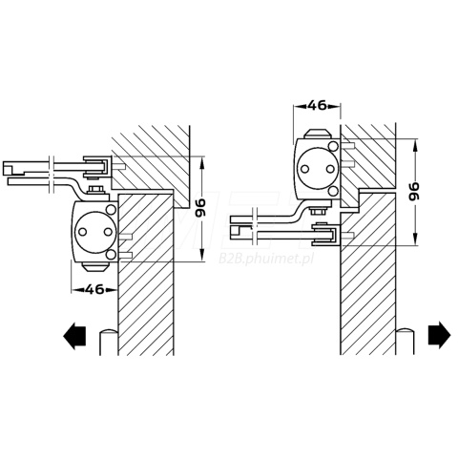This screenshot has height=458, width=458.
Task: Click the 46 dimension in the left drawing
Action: [x=95, y=289]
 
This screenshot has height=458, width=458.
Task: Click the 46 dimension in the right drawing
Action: [x=317, y=105]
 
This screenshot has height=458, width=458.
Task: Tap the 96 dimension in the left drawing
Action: [x=200, y=208]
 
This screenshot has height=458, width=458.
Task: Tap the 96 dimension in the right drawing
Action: [x=414, y=191]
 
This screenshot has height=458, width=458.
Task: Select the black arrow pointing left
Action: [x=74, y=336]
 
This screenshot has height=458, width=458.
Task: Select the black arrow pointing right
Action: [x=439, y=335]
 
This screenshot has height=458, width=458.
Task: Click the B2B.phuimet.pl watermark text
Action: [x=266, y=259]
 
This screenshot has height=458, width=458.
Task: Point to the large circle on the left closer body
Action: [x=94, y=232]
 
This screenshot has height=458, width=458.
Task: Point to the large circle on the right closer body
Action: [x=317, y=168]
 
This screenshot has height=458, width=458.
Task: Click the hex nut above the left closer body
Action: [x=96, y=190]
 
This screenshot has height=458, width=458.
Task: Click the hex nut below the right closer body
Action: [x=318, y=211]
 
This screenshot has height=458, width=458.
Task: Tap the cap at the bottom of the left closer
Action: [x=94, y=267]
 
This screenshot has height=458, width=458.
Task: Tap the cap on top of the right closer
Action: [x=318, y=134]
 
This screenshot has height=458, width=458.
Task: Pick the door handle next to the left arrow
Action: [x=109, y=342]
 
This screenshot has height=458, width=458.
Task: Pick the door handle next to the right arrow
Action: [x=405, y=341]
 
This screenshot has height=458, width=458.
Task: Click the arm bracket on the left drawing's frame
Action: [x=97, y=167]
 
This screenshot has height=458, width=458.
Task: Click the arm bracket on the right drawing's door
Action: [x=326, y=235]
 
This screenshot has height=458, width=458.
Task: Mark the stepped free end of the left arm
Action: [x=13, y=168]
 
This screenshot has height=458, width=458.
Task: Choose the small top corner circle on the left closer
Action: [x=111, y=210]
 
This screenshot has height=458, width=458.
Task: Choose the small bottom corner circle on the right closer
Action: [x=334, y=191]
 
